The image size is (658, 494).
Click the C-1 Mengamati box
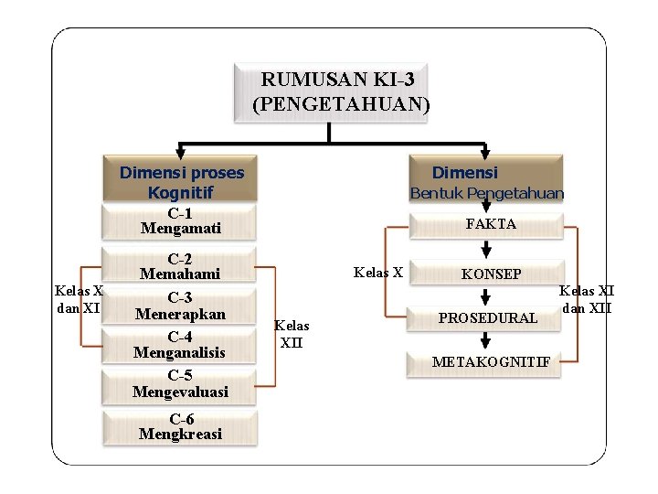coord(180,221)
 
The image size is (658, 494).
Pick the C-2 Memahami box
coord(180,266)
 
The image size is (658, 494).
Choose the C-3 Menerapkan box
coord(180,306)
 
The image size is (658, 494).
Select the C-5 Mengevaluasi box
coord(180,384)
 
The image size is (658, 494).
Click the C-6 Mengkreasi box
coord(180,426)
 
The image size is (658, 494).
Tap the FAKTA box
coord(490,223)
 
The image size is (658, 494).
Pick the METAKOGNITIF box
coord(491,362)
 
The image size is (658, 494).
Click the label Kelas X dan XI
coord(78,300)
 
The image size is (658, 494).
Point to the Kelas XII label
coord(292,335)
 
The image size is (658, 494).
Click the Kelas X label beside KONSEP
coord(377,272)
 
